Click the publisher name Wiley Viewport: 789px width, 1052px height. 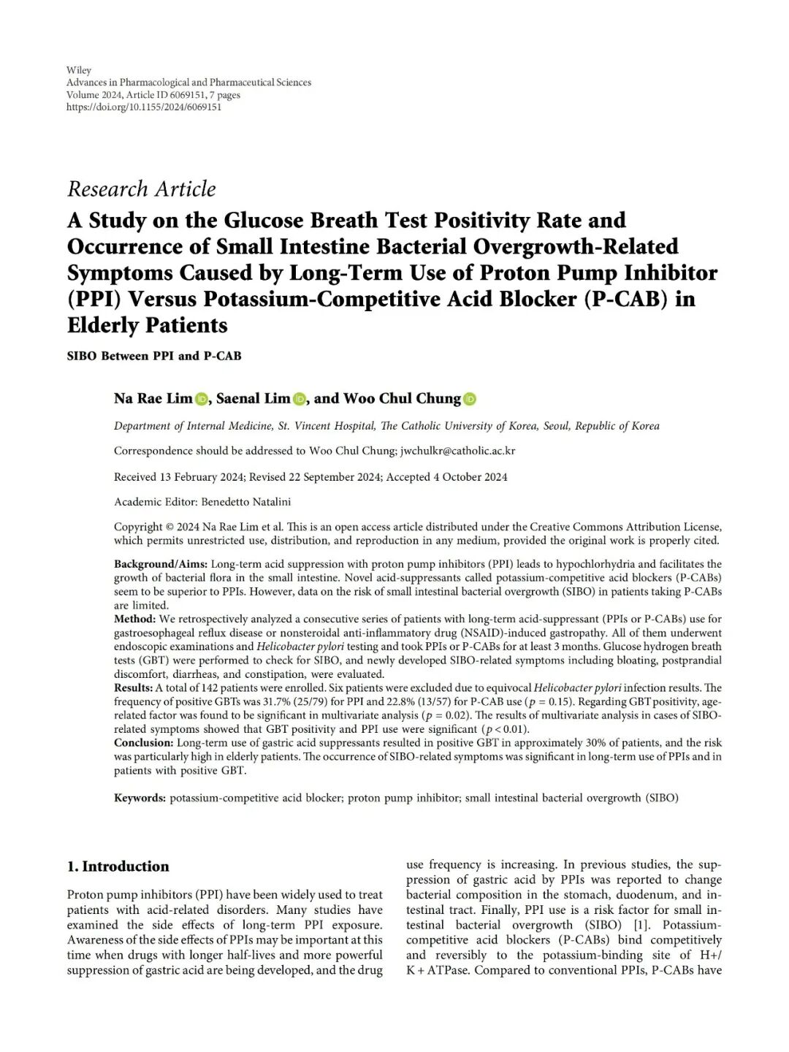(x=79, y=70)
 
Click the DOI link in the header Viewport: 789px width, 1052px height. (x=144, y=107)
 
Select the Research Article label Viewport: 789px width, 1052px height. (x=142, y=189)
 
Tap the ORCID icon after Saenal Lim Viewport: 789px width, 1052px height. (x=300, y=399)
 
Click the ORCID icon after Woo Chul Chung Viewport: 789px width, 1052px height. (x=470, y=399)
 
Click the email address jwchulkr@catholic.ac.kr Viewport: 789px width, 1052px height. (x=457, y=451)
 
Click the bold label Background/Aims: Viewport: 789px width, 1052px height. (x=161, y=564)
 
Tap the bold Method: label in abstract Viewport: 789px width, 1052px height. (x=134, y=619)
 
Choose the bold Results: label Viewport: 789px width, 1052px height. (x=133, y=687)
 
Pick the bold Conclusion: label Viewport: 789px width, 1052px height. (x=143, y=742)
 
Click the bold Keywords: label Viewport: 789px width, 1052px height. (x=140, y=798)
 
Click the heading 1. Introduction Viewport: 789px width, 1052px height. (x=118, y=866)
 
